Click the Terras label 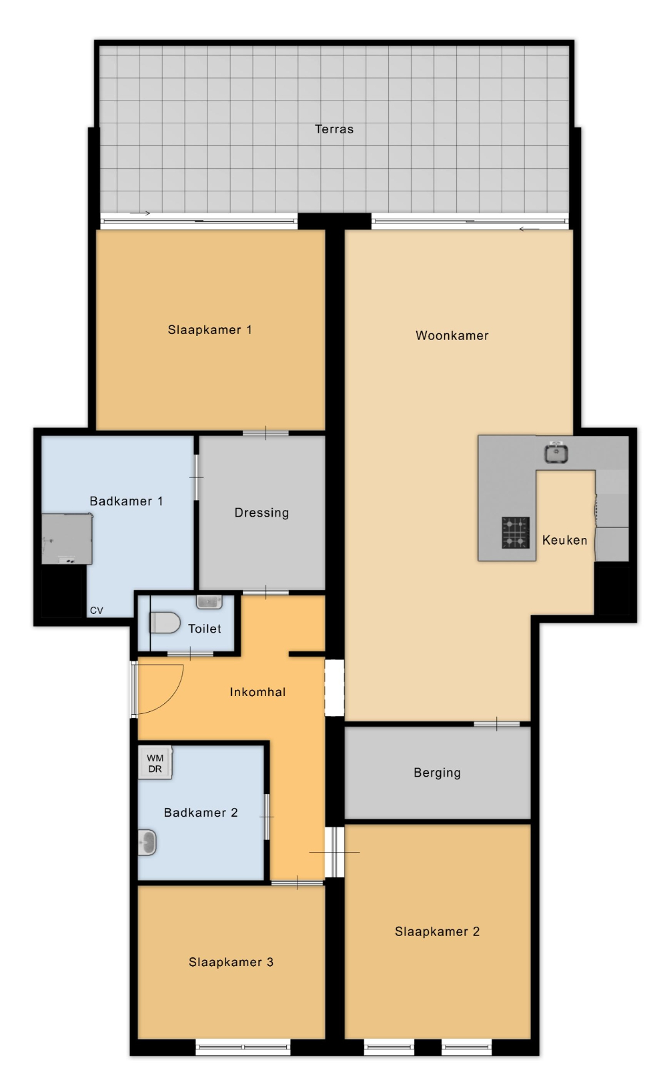[334, 129]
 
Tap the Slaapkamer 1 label [209, 330]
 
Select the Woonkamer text [452, 335]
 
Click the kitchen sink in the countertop [556, 453]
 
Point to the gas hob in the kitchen [516, 532]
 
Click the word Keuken [564, 540]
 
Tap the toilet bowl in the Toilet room [165, 623]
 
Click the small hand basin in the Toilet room [209, 602]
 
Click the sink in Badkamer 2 [147, 842]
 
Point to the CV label [97, 611]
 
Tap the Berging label [437, 773]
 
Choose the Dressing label [261, 513]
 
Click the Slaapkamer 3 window [243, 1046]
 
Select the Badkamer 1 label [126, 501]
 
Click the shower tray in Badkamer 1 [67, 539]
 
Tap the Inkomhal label [257, 692]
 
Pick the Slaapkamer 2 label [437, 931]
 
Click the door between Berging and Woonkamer [496, 724]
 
